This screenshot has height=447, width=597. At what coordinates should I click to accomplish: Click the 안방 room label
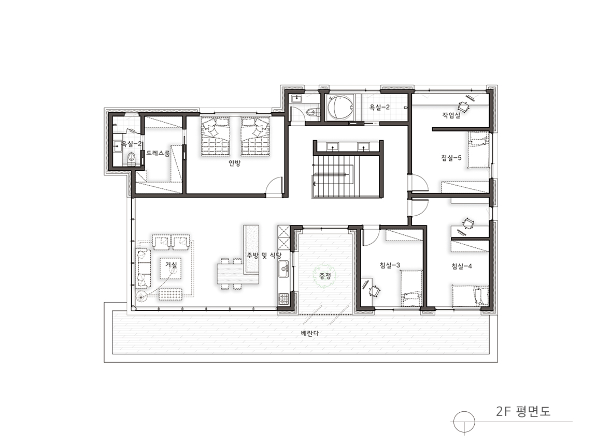pos(235,163)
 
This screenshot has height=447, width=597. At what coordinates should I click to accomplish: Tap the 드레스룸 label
pos(158,153)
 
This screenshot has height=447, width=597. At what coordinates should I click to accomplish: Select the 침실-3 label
pos(390,265)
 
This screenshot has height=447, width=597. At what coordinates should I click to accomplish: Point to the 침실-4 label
pos(461,266)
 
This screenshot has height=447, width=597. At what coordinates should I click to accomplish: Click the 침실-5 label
pos(451,157)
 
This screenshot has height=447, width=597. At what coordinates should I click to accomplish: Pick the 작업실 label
pos(451,115)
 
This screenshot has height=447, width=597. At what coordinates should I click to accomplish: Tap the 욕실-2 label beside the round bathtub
pos(379,107)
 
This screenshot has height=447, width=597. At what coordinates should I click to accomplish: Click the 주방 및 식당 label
pos(264,256)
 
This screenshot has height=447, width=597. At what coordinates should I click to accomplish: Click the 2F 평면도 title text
pos(523,411)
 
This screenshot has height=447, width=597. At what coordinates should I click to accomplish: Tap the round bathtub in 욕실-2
pos(339,107)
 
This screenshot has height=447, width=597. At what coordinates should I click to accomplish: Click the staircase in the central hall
pos(334,175)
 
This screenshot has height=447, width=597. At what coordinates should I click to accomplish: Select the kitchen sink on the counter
pos(283,270)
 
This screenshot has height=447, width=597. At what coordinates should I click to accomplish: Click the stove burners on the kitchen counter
pos(283,299)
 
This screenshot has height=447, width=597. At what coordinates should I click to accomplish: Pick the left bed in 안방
pos(215,136)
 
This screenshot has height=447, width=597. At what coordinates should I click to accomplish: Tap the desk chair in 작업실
pos(464,106)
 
